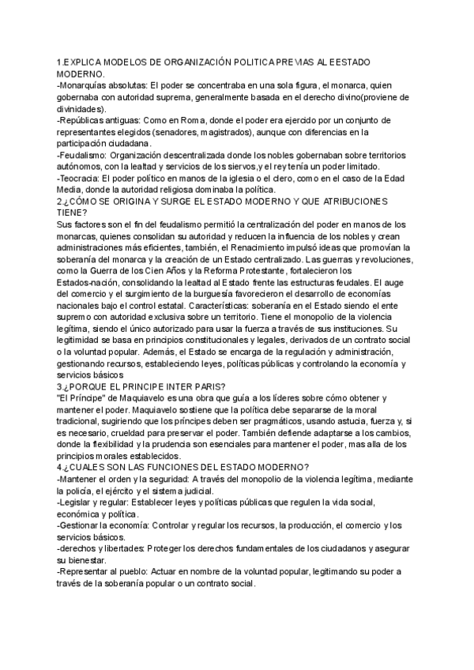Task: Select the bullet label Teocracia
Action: [83, 179]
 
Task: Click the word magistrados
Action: [238, 133]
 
